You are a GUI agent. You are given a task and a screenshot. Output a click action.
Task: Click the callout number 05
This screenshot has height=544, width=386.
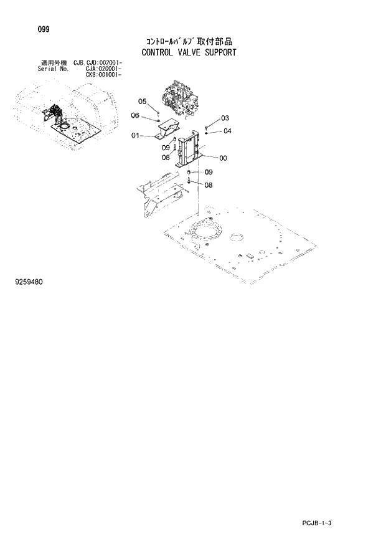[142, 101]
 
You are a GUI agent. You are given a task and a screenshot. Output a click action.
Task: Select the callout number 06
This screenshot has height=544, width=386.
[135, 115]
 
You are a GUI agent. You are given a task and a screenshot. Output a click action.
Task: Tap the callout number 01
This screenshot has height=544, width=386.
[135, 135]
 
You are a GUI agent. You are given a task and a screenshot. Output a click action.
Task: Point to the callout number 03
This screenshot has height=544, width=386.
[225, 118]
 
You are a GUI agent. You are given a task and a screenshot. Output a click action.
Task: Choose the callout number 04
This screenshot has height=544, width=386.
[227, 131]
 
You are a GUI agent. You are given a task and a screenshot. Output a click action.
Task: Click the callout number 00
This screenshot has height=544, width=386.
[223, 158]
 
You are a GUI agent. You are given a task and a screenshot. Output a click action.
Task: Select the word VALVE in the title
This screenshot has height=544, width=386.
[195, 52]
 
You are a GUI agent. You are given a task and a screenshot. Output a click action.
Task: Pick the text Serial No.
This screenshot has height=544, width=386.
[54, 69]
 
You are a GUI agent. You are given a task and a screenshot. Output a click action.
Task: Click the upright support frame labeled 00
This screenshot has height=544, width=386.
[189, 150]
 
